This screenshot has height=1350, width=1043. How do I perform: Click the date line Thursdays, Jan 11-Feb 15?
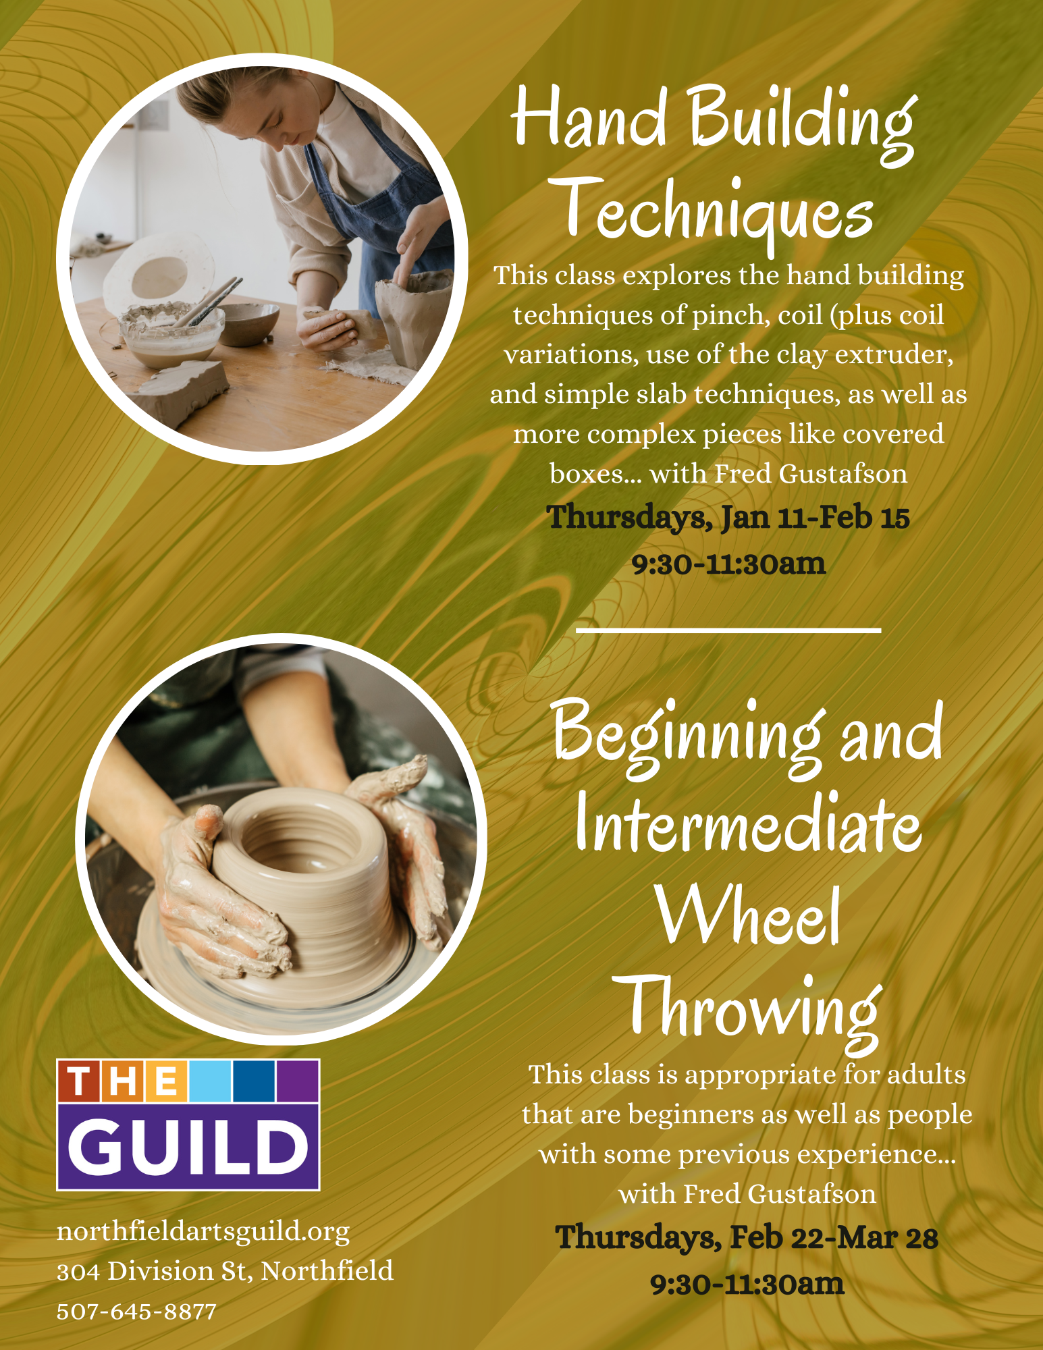coord(728,518)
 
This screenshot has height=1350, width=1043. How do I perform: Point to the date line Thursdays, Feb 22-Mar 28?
coord(747,1238)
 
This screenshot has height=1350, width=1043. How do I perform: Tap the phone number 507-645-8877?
coord(136,1312)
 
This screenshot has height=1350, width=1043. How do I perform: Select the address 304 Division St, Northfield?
coord(225,1271)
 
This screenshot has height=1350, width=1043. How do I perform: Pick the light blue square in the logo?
coord(210,1081)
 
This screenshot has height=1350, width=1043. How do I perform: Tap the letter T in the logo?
coord(79,1081)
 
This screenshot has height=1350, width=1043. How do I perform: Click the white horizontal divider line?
coord(728,630)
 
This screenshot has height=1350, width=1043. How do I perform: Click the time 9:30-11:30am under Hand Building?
coord(728,564)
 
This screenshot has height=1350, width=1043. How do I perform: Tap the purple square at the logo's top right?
coord(298,1081)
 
